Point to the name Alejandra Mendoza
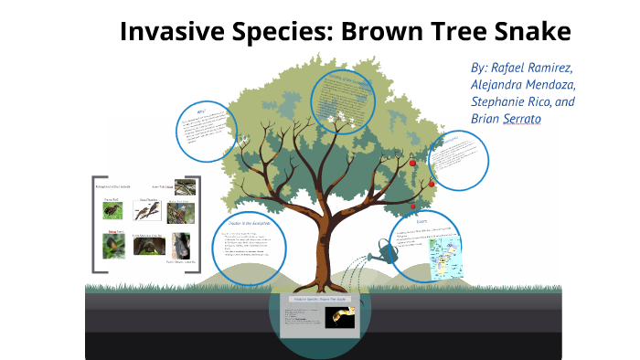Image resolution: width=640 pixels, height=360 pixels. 523,85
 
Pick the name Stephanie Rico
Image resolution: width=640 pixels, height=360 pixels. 512,102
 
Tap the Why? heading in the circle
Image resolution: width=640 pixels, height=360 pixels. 203,112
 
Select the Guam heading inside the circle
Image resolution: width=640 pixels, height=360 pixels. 421,221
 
